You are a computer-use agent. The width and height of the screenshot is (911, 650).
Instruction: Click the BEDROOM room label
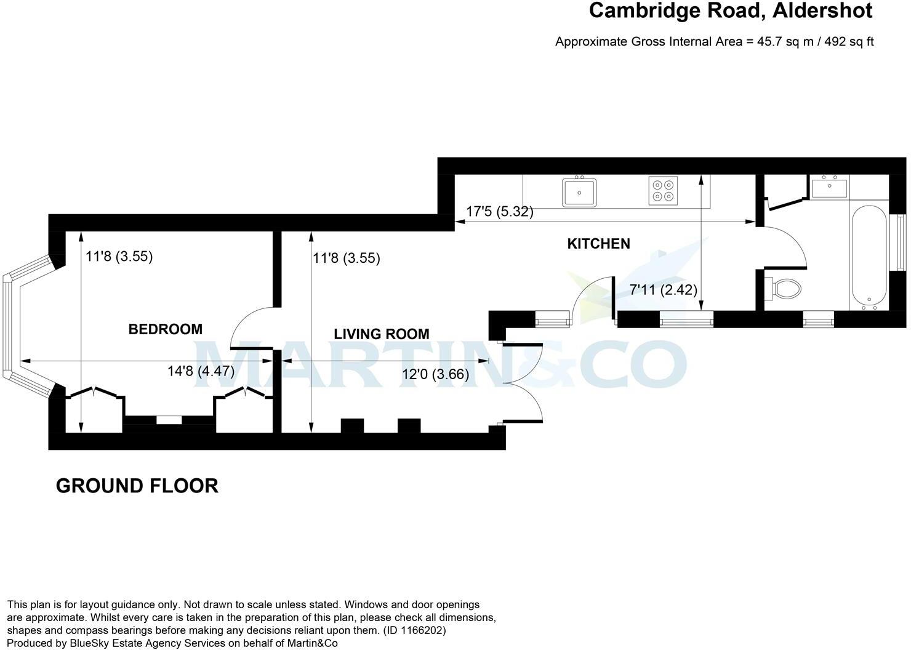165,329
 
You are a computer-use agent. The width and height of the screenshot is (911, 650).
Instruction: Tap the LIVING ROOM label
381,334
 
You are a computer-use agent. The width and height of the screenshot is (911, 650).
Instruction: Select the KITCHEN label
598,244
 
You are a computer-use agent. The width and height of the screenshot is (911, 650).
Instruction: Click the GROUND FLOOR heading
137,486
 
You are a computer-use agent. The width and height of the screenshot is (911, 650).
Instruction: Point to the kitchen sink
579,192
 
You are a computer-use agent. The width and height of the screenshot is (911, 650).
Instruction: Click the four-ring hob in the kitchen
664,190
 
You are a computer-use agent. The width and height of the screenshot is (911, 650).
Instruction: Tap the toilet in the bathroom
784,287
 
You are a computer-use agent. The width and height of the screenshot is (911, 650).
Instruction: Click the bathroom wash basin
829,187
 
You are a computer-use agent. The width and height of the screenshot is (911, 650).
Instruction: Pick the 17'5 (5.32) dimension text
499,212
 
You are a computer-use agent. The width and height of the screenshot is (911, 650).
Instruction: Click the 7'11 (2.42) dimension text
663,289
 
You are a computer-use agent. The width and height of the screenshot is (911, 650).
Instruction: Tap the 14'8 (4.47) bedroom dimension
201,371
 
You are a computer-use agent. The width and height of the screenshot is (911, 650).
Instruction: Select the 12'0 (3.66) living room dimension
435,374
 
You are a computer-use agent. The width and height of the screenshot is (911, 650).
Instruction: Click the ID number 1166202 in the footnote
423,630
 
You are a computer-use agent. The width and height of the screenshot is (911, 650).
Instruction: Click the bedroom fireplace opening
169,420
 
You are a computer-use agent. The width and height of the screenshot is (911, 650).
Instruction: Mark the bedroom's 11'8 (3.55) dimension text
119,256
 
